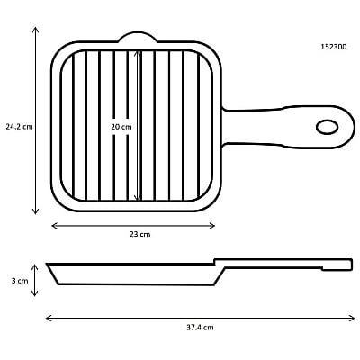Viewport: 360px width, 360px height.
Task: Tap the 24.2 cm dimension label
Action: click(x=18, y=127)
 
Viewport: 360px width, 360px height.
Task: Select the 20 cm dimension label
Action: click(x=121, y=127)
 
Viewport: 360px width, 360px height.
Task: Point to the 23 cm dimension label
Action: click(x=139, y=235)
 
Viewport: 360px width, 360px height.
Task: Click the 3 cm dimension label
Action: click(x=20, y=281)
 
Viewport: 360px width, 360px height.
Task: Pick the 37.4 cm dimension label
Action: click(x=199, y=328)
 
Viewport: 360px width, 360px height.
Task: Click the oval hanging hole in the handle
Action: click(x=327, y=126)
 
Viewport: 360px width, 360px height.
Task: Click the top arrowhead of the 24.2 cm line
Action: click(x=36, y=30)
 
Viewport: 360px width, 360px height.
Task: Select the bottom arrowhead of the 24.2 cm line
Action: click(x=36, y=212)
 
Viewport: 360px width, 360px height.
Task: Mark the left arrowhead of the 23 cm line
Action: click(x=54, y=225)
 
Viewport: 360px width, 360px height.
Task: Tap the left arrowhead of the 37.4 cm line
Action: click(x=48, y=317)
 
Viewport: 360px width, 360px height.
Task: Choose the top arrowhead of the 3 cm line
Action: click(x=36, y=267)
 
